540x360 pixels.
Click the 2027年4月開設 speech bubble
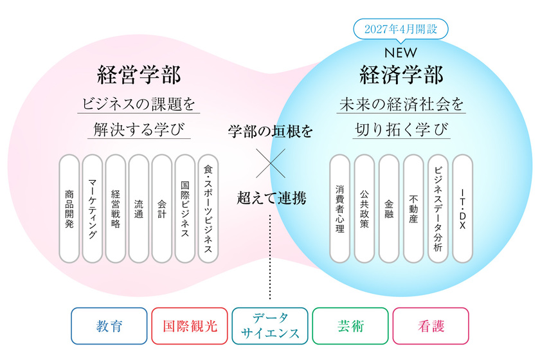coord(401,28)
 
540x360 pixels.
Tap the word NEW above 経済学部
coord(401,51)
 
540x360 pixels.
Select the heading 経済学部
coord(401,75)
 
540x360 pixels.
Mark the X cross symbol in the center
coord(269,163)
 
